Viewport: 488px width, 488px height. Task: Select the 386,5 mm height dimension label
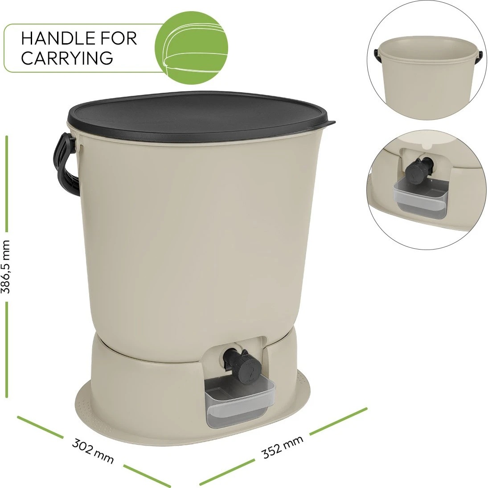pos(6,267)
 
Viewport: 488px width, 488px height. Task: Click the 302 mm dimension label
pos(93,451)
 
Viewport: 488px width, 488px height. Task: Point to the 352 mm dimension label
pos(283,447)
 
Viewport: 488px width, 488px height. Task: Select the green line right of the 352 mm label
pos(338,421)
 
